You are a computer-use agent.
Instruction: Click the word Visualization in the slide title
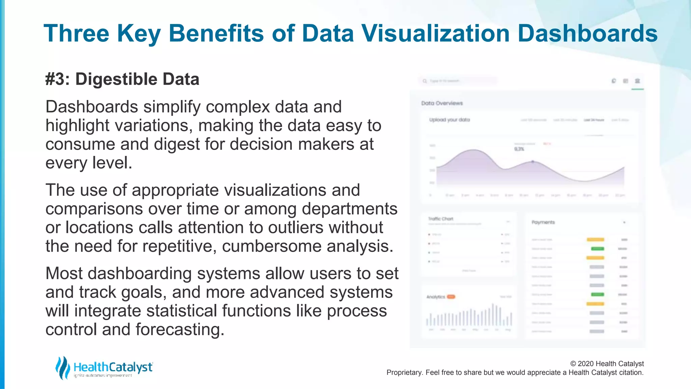pos(435,33)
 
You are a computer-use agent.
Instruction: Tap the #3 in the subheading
pos(57,79)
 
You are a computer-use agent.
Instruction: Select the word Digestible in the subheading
pos(116,79)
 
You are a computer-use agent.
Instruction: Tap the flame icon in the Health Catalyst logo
pos(62,367)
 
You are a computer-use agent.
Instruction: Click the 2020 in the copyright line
pos(586,364)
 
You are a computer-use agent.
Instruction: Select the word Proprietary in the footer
pos(404,372)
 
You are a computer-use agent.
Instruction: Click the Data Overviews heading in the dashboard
pos(442,103)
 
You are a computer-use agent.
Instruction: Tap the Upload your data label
pos(449,120)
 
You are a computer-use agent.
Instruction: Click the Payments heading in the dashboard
pos(543,222)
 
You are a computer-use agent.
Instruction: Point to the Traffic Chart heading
pos(441,219)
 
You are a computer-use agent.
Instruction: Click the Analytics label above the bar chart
pos(436,297)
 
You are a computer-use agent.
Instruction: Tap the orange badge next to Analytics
pos(451,297)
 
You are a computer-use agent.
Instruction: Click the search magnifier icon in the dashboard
pos(425,81)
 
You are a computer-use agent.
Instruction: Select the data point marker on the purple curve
pos(533,162)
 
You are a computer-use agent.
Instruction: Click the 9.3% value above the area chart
pos(519,149)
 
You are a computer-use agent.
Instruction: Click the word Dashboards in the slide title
pos(587,33)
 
